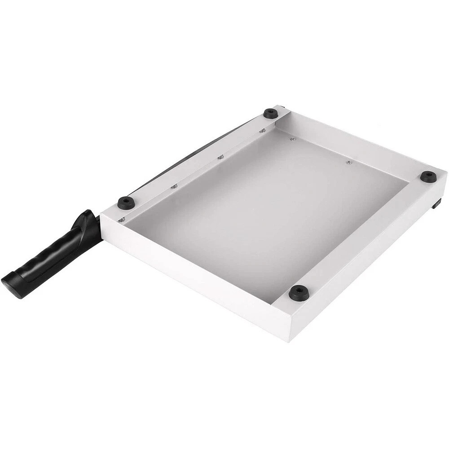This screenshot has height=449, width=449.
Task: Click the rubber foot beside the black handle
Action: coord(126,202)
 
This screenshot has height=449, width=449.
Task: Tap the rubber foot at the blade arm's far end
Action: coord(270,113)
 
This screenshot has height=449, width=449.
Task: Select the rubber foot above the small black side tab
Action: coord(428,176)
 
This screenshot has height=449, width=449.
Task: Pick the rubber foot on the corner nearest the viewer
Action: coord(299,293)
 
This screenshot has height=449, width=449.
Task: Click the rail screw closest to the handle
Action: coord(122,220)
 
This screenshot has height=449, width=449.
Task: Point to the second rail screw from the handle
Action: coord(174,186)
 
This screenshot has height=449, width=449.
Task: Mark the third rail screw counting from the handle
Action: coord(220,157)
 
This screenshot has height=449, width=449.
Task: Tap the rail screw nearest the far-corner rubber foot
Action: coord(262,131)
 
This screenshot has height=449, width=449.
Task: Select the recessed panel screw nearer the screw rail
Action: coord(292,139)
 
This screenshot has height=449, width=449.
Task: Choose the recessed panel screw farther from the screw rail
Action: coord(349,162)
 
